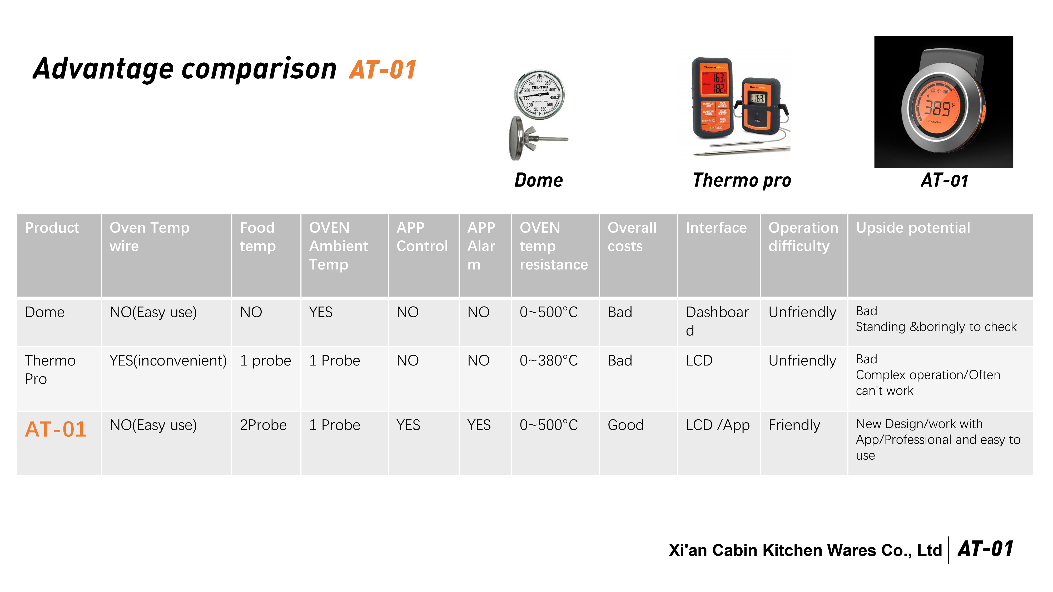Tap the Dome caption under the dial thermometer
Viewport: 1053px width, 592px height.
click(538, 180)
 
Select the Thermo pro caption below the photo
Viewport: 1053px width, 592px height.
click(742, 180)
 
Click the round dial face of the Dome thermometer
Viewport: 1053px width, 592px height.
click(539, 95)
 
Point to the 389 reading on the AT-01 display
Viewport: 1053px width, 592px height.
click(937, 109)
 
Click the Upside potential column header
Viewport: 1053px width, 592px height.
click(913, 228)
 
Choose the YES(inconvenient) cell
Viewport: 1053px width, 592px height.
click(168, 361)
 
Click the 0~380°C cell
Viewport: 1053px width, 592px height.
click(549, 360)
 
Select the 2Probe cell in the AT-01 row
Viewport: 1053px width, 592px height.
click(263, 425)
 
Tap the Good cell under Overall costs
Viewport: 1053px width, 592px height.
click(625, 425)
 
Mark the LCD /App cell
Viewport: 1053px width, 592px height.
click(718, 425)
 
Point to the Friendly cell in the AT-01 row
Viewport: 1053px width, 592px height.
click(794, 425)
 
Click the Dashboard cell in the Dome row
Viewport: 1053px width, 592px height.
click(717, 321)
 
